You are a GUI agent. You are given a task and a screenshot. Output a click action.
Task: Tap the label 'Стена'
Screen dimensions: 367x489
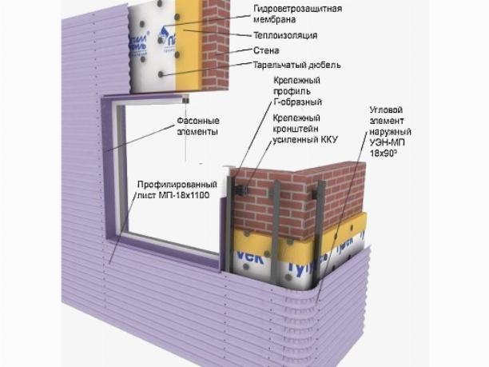point(267,50)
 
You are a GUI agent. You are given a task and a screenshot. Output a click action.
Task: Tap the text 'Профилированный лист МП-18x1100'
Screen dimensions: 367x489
point(173,189)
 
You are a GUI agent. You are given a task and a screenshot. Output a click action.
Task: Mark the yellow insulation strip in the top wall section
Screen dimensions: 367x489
point(190,40)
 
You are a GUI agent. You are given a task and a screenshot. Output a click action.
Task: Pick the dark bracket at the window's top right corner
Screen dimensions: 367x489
point(185,101)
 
